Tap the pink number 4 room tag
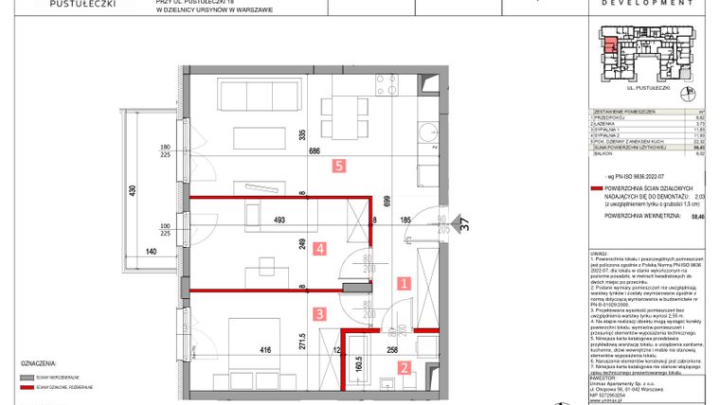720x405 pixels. (320, 250)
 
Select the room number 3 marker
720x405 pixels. (320, 313)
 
